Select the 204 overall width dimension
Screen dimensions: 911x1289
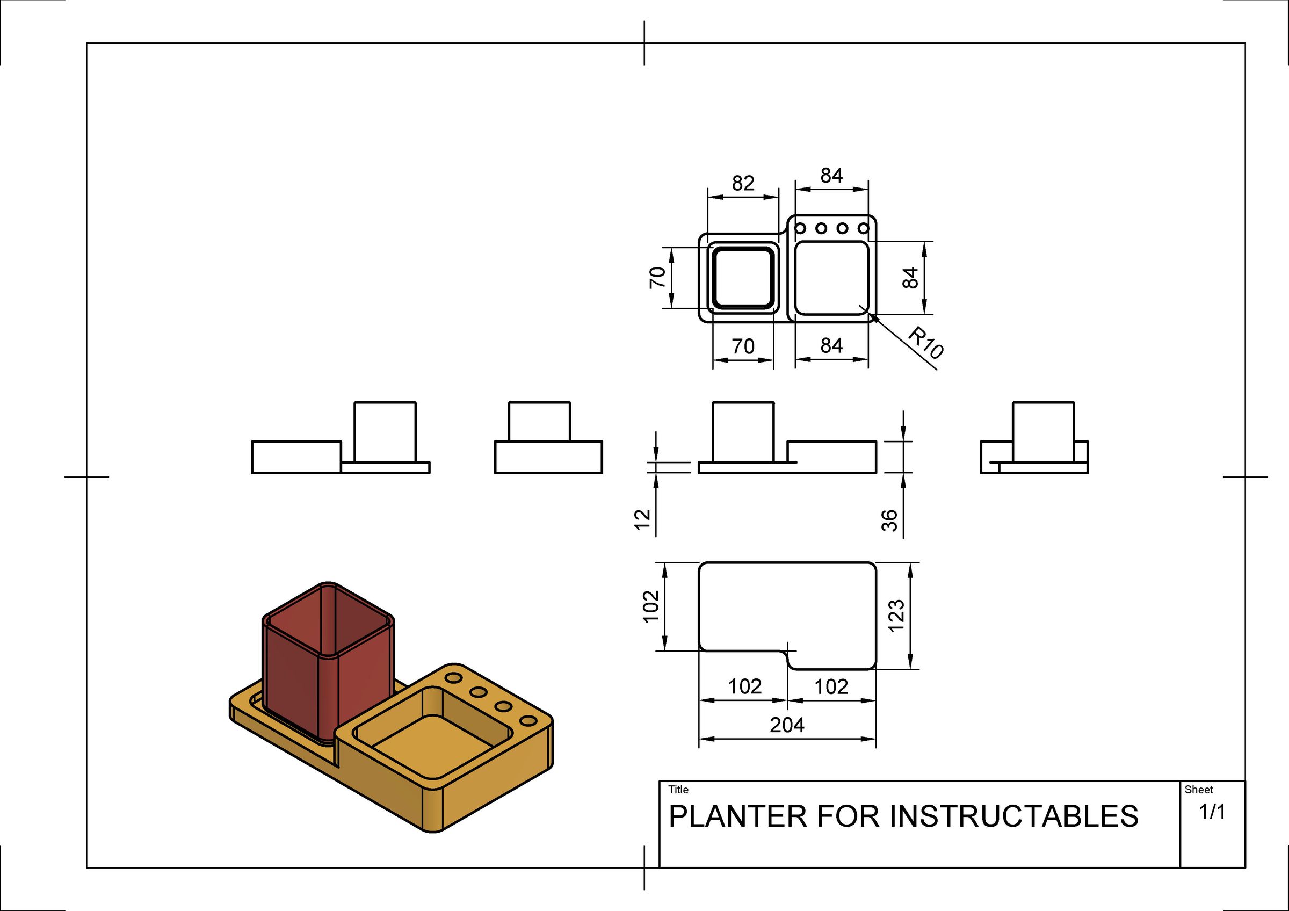[786, 725]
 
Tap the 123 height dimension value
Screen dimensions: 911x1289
[896, 615]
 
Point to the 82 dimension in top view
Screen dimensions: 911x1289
[743, 183]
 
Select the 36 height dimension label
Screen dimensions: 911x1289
[890, 520]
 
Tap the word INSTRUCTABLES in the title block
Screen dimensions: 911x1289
[1014, 816]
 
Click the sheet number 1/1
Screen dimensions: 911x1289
[1212, 812]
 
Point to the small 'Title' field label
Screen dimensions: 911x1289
[678, 789]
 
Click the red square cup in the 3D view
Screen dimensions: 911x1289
[328, 662]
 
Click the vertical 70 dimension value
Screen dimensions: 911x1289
[657, 278]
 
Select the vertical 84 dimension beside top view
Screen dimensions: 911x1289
[910, 278]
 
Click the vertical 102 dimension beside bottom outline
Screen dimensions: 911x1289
[650, 606]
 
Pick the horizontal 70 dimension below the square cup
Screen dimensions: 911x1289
[743, 346]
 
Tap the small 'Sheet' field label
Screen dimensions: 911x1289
[1199, 789]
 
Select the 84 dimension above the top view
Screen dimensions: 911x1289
[831, 176]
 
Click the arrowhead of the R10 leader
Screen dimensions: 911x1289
[872, 317]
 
